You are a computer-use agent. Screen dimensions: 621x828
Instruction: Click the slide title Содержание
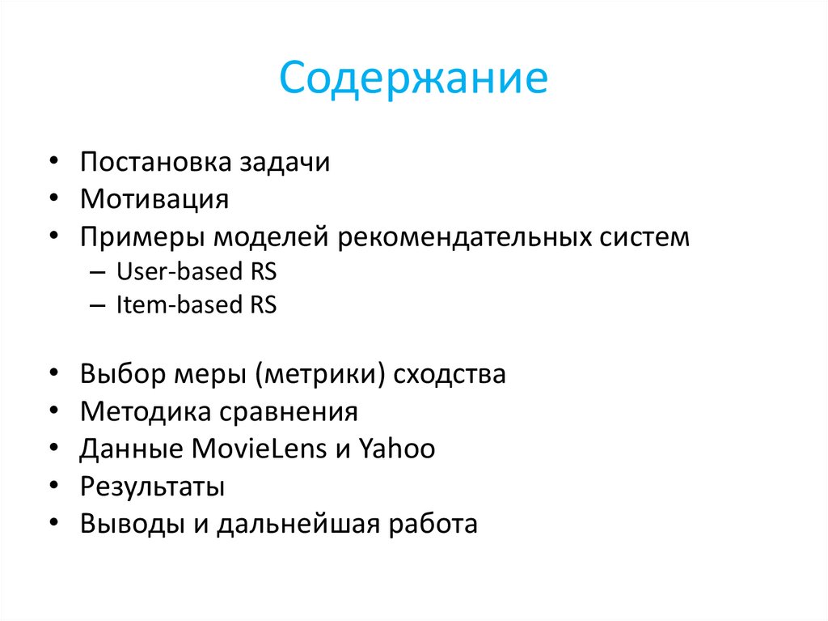413,80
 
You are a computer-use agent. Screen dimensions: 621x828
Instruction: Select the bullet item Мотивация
154,199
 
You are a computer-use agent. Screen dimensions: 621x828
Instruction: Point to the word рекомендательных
473,237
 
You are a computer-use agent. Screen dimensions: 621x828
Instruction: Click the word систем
646,237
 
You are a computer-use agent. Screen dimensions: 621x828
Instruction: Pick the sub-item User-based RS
196,271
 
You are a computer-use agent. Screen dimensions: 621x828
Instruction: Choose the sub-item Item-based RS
196,305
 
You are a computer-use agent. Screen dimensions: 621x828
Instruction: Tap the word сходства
450,374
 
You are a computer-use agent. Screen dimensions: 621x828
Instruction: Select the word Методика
144,411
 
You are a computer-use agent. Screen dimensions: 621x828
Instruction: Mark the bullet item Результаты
152,487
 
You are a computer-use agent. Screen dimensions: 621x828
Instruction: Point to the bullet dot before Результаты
53,487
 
